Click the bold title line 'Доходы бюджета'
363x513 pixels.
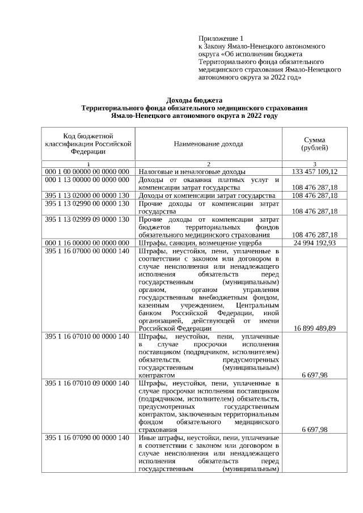(x=194, y=100)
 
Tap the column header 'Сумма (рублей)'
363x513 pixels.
(x=314, y=144)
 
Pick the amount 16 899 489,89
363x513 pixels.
(x=314, y=328)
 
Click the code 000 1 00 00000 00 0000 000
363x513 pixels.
(x=88, y=172)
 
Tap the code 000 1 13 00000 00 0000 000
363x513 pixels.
(x=88, y=180)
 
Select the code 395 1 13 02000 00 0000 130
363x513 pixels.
(x=88, y=196)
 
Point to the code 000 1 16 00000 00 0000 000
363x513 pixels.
(x=88, y=243)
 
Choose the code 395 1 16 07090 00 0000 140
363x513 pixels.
(x=88, y=438)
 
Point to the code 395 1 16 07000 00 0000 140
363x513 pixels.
(x=88, y=251)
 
